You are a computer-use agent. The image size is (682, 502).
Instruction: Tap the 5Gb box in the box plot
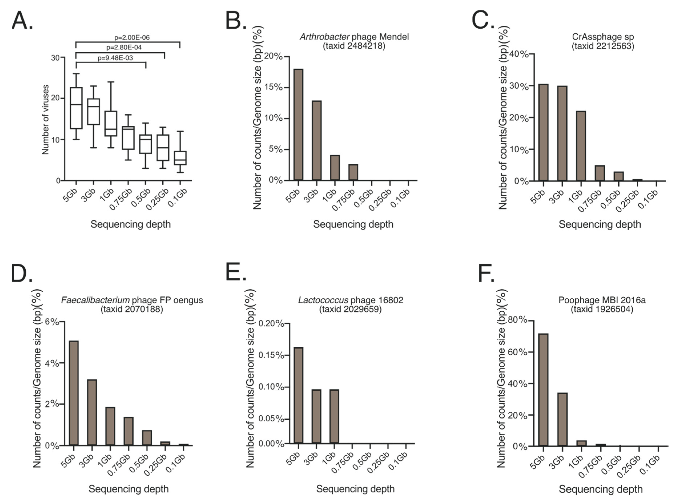[x=76, y=108]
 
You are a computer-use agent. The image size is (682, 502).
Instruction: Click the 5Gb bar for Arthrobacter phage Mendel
[x=298, y=125]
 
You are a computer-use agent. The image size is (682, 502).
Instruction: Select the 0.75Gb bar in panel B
[x=353, y=172]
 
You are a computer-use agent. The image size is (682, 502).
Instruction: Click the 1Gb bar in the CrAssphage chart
[x=581, y=146]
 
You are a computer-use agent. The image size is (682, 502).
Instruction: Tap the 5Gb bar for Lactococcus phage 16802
[x=298, y=395]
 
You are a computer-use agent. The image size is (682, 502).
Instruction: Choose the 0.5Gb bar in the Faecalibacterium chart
[x=147, y=438]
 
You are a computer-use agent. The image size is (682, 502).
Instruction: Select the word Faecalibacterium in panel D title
[x=95, y=300]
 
